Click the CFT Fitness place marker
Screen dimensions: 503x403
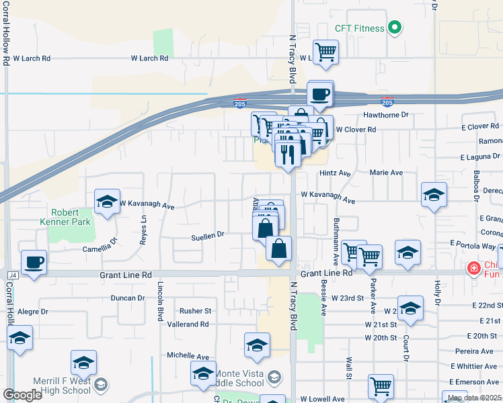coord(395,28)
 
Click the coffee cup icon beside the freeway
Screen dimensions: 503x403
coord(320,93)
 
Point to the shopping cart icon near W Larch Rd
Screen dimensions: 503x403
coord(325,52)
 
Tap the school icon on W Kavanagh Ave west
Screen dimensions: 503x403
coord(107,201)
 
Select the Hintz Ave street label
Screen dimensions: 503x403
coord(336,173)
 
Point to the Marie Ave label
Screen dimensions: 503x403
coord(386,173)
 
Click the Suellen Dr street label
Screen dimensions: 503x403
coord(207,235)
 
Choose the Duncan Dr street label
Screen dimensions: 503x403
coord(128,298)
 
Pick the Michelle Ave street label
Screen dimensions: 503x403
coord(188,355)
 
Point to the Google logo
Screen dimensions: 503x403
coord(22,394)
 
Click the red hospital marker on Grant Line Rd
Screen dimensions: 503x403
coord(474,269)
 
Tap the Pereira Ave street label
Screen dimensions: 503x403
coord(479,351)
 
